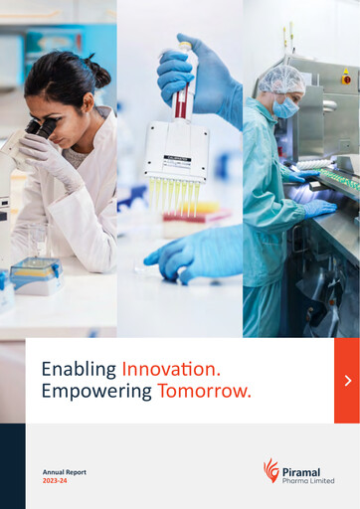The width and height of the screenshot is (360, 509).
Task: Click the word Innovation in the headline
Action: click(x=170, y=369)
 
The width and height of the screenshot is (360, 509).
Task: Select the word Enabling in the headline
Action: click(x=79, y=369)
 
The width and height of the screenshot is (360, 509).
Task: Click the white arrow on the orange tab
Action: click(x=347, y=381)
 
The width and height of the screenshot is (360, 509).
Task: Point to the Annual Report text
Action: click(x=65, y=471)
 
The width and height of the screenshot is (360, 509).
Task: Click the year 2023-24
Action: click(x=56, y=480)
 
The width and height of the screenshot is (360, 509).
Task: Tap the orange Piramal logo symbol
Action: click(x=271, y=469)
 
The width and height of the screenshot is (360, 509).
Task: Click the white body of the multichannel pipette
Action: click(x=176, y=150)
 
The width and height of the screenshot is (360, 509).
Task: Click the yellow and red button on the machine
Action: click(x=345, y=77)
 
